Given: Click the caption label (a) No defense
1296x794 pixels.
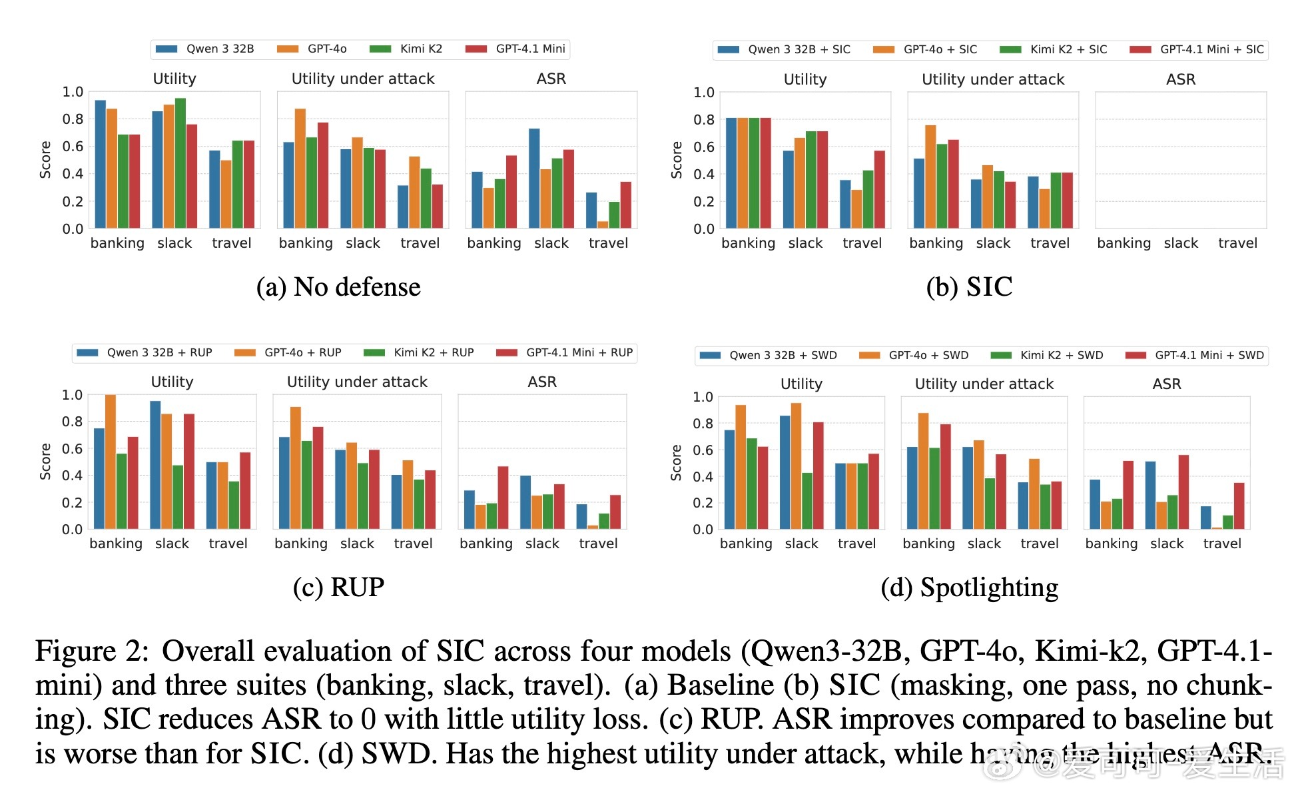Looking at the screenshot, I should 338,287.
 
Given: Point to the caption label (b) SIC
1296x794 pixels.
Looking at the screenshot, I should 969,287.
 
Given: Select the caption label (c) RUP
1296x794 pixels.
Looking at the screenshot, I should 338,588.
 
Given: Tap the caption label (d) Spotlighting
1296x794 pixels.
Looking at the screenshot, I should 969,588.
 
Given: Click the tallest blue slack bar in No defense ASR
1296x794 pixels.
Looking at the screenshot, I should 534,179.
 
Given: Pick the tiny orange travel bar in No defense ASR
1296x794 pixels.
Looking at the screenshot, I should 603,224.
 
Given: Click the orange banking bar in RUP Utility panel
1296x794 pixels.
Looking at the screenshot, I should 111,462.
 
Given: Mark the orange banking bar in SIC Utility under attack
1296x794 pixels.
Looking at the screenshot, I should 930,177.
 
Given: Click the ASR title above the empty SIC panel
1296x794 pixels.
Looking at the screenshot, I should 1181,79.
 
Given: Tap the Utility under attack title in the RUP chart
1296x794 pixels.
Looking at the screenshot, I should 357,382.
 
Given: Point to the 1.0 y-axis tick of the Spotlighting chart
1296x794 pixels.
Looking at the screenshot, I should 703,397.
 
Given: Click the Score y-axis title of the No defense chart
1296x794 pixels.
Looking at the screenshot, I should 45,160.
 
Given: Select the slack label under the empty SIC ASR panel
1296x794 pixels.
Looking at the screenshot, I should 1181,243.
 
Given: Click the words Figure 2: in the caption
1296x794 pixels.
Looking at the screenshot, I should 92,651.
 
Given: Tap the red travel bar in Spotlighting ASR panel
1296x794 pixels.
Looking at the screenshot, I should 1239,506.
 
